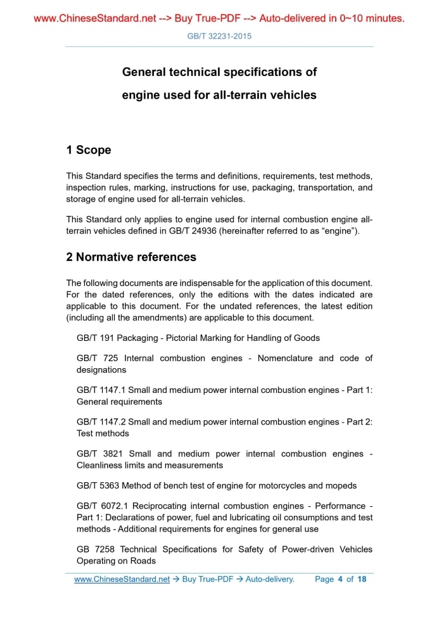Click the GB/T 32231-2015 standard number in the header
pyautogui.click(x=219, y=36)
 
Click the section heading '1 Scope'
pyautogui.click(x=89, y=150)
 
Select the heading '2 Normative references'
pyautogui.click(x=131, y=257)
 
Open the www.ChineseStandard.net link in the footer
pyautogui.click(x=122, y=579)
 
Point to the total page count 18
pyautogui.click(x=362, y=579)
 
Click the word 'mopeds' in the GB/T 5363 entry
pyautogui.click(x=341, y=485)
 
